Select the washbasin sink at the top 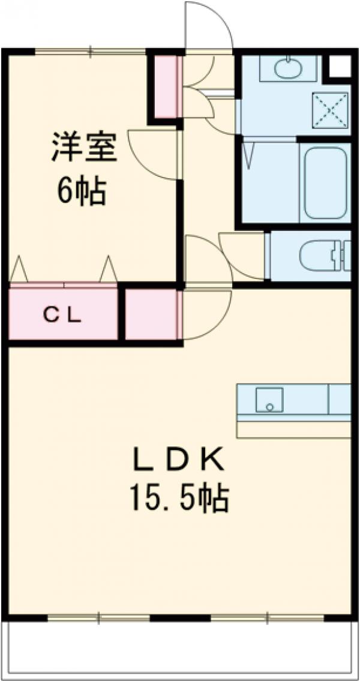[289, 67]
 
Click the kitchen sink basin [269, 399]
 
